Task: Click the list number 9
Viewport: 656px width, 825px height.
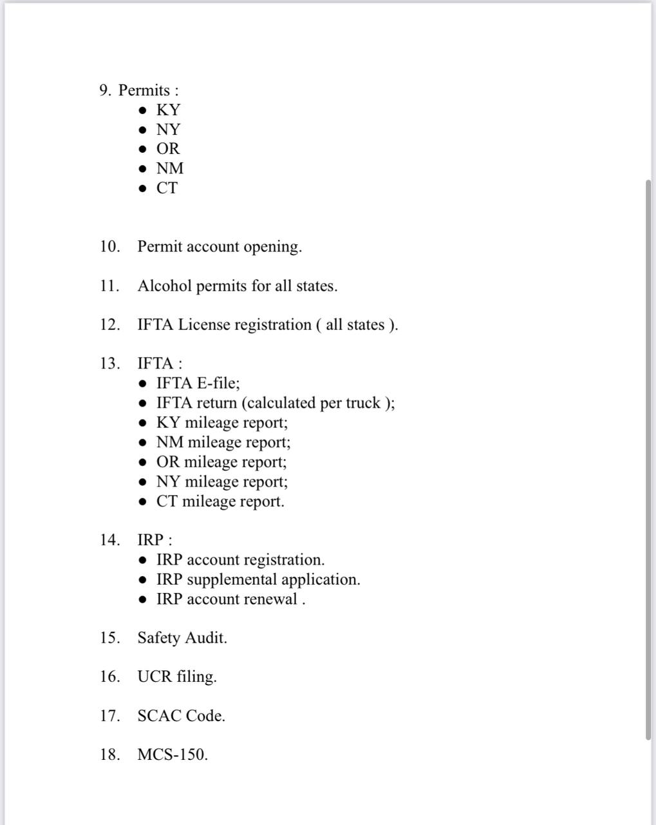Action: [x=106, y=91]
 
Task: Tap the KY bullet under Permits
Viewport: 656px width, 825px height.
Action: [x=168, y=110]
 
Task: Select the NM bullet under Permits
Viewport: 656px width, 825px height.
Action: [x=170, y=169]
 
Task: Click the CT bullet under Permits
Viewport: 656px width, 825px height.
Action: [x=167, y=188]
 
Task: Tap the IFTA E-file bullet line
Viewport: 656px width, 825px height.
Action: [x=198, y=383]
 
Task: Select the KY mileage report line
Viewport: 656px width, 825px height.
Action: [x=221, y=423]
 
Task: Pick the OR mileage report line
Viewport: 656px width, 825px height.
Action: [x=221, y=462]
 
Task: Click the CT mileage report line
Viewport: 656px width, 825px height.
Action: [x=220, y=501]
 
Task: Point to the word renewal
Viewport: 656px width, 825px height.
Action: [x=270, y=599]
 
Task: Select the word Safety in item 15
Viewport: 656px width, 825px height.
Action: [x=158, y=638]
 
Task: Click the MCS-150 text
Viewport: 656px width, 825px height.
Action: [x=172, y=755]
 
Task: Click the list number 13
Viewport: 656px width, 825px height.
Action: [x=109, y=364]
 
